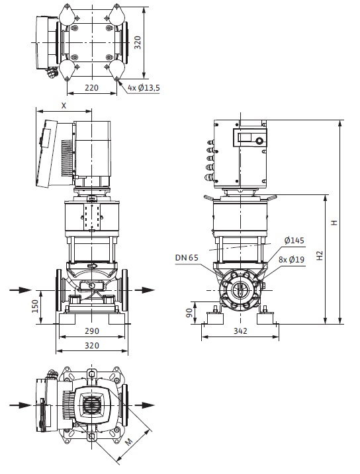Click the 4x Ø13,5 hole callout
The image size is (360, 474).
click(144, 88)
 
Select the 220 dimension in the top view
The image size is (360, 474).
click(91, 88)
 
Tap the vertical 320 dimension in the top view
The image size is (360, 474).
click(138, 42)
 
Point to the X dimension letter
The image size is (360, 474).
click(64, 106)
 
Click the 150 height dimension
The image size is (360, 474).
click(35, 306)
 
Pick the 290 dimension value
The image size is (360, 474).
click(91, 331)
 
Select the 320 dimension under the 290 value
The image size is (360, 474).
click(91, 345)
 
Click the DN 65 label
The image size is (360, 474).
click(187, 258)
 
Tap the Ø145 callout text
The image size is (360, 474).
click(294, 241)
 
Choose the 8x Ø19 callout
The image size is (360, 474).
click(292, 259)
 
